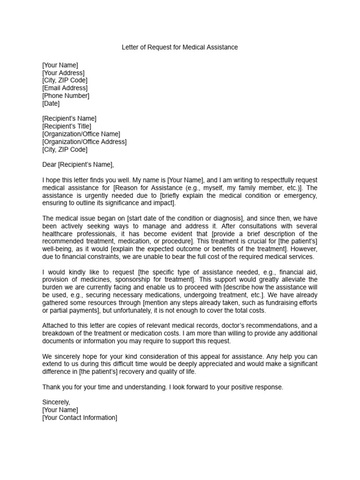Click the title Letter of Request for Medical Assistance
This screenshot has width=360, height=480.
click(180, 47)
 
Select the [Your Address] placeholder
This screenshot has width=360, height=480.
click(63, 73)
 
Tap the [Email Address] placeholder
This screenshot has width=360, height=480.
click(65, 88)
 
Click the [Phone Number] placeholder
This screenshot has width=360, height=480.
click(66, 96)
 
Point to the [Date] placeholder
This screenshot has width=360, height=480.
click(51, 103)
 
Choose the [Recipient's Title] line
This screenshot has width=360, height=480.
click(67, 126)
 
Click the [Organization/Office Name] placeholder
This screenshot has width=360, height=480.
click(81, 134)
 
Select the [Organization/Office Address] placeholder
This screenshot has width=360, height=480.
click(84, 142)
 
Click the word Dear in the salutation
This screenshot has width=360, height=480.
click(49, 165)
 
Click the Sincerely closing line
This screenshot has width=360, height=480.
click(56, 402)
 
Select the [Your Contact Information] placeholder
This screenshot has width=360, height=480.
click(80, 418)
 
